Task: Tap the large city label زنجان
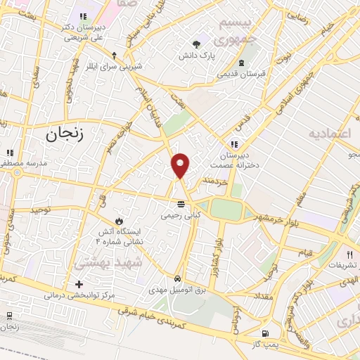(x=64, y=135)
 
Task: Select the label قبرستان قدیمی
(x=241, y=73)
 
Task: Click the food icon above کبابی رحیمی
(x=182, y=203)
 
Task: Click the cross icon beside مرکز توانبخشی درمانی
(x=79, y=285)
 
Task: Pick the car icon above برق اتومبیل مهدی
(x=179, y=278)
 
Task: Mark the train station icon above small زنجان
(x=8, y=316)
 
